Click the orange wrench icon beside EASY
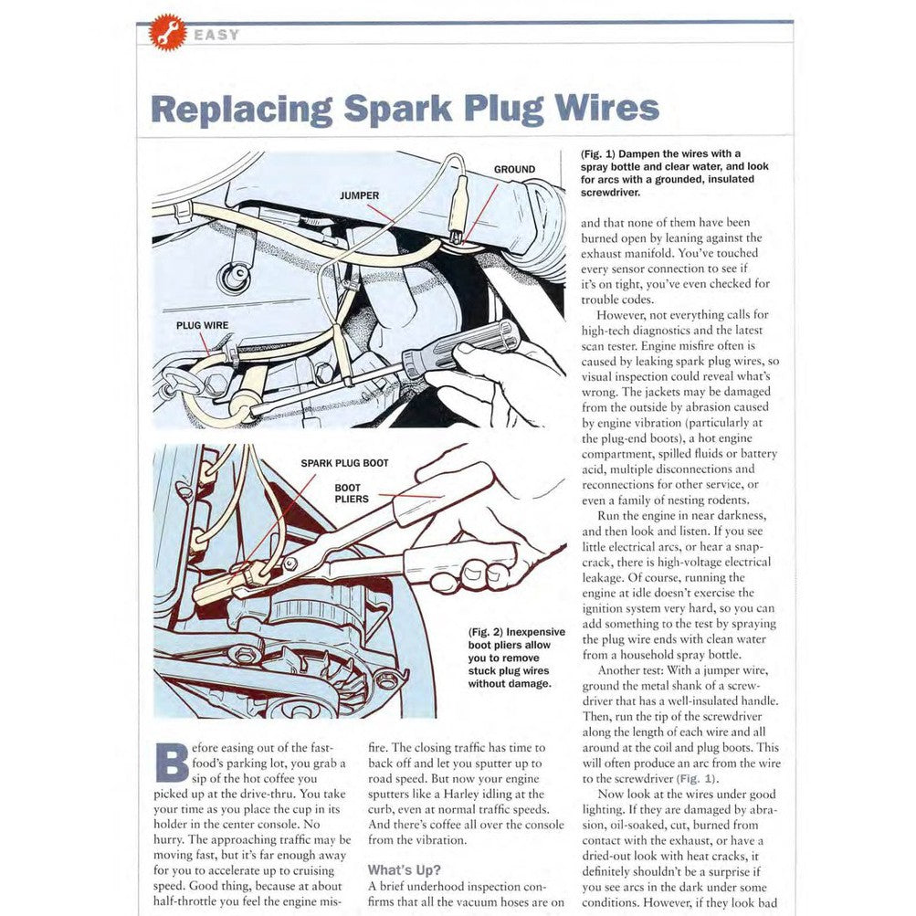[167, 33]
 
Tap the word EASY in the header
[216, 35]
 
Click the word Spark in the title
[398, 107]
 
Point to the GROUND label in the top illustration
[514, 170]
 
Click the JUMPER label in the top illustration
[359, 195]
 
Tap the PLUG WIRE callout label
[202, 324]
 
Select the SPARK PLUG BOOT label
[344, 463]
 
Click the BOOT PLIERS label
[351, 493]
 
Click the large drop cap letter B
[172, 762]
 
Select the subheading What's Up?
[404, 869]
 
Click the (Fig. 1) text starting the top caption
[599, 153]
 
